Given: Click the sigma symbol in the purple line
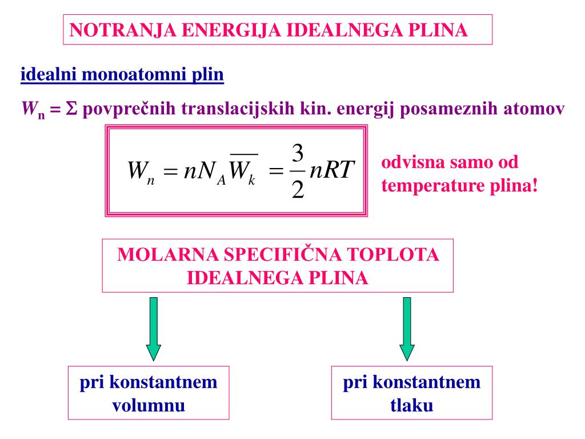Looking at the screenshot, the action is (71, 109).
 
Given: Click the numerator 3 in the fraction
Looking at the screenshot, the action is (298, 154).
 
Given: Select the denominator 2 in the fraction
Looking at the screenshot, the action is (298, 190).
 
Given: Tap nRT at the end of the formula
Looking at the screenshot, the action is (332, 171).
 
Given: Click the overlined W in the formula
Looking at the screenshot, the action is (243, 171).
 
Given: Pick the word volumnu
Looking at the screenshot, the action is (149, 406).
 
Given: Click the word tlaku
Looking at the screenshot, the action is (411, 406).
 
